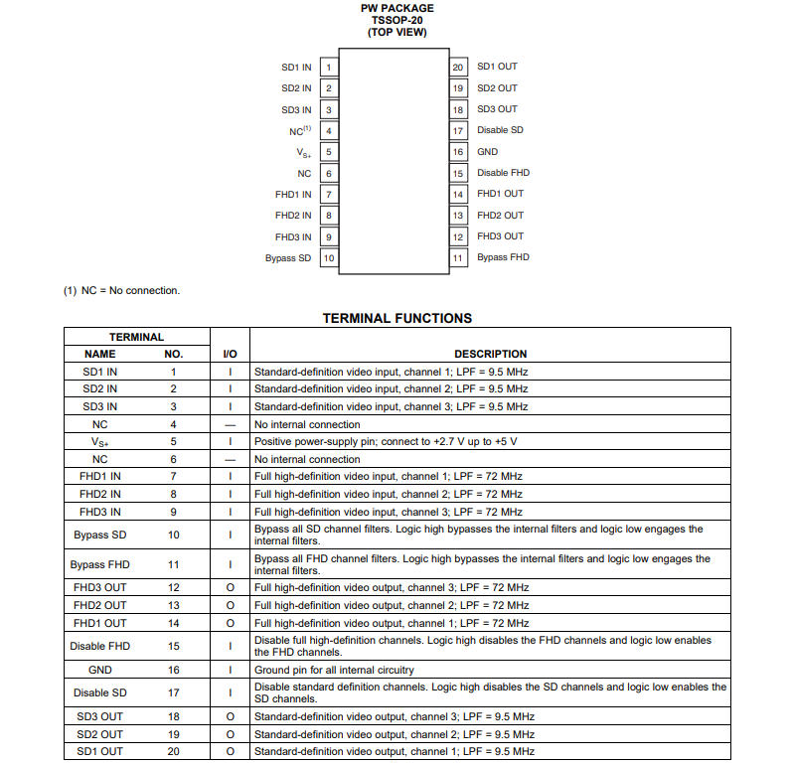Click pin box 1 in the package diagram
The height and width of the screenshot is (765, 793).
(328, 68)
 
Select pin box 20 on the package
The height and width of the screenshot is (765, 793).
(458, 68)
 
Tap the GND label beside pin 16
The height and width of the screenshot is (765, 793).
(487, 152)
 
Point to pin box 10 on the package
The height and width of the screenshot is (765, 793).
(328, 258)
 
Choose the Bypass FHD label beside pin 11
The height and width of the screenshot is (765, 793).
(503, 257)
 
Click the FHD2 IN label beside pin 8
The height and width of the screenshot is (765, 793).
(293, 216)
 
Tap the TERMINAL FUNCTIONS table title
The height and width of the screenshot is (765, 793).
(396, 319)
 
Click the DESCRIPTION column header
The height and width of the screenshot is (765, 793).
(490, 354)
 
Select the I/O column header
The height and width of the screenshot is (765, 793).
(230, 354)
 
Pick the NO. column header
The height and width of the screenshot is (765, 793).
(173, 354)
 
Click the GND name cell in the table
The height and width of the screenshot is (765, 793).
(99, 671)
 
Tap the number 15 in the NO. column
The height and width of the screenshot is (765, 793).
(173, 647)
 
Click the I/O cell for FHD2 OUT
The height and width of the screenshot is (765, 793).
(230, 605)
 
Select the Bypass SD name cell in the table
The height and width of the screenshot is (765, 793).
(99, 535)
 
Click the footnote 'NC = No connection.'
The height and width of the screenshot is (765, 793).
(121, 291)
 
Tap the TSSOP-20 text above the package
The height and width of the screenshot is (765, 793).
(396, 20)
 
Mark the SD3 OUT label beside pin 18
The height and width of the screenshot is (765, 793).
(497, 109)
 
